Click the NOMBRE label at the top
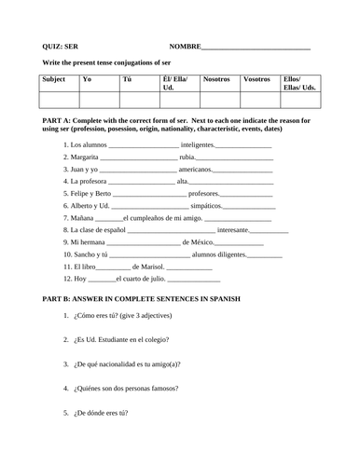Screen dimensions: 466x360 point(185,45)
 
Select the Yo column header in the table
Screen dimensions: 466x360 point(88,80)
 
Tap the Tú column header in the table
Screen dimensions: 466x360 point(127,80)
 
